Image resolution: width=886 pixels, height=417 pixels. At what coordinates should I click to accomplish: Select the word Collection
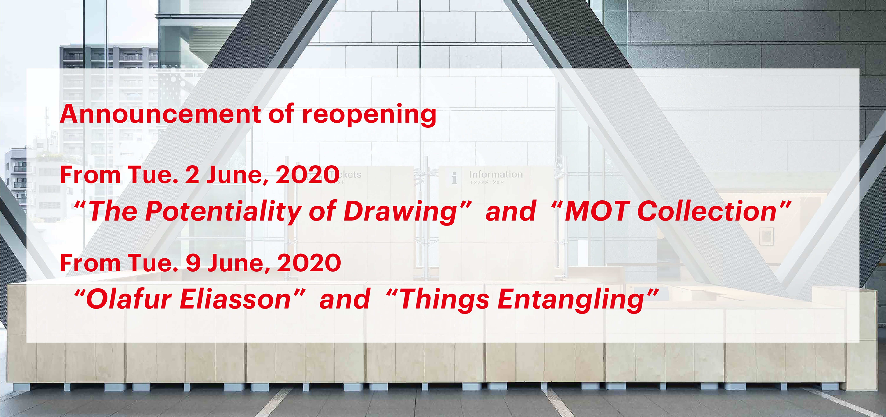(707, 211)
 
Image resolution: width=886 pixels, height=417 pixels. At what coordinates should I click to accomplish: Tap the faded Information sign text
(496, 174)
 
